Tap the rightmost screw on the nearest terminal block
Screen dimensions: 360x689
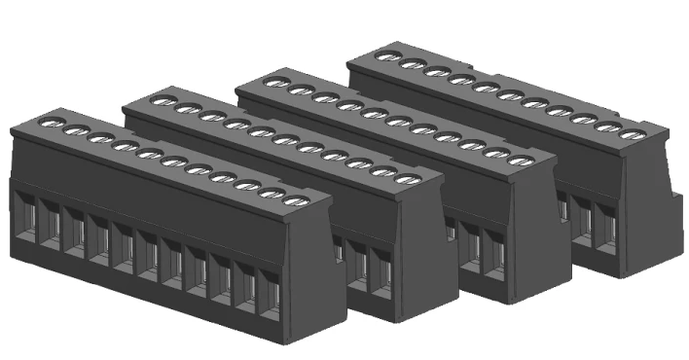pos(296,201)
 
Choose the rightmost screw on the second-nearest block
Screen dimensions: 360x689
pos(409,179)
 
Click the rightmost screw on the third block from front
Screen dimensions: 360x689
pos(522,160)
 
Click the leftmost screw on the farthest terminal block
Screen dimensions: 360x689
pos(388,57)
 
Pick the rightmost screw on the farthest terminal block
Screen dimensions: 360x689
pos(634,134)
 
